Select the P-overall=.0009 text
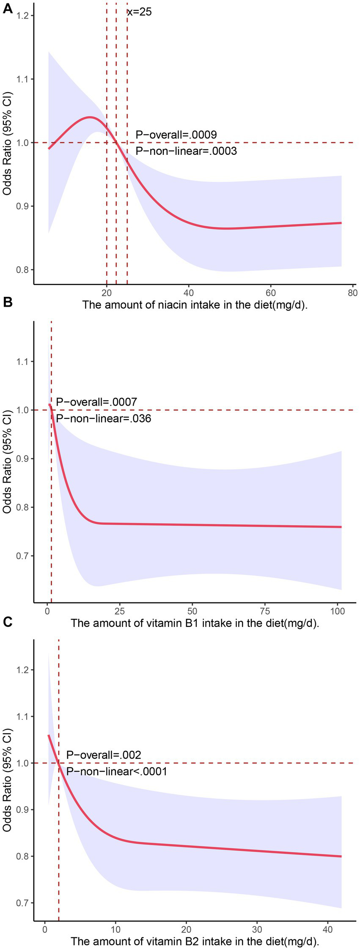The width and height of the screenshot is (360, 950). coord(176,135)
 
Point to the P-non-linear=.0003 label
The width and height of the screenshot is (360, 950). coord(186,151)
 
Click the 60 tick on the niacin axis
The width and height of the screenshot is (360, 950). coord(271,293)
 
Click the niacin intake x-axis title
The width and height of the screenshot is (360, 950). coord(195,305)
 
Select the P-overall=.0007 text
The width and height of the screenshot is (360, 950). coord(96,402)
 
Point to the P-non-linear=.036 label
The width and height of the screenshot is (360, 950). coord(104,418)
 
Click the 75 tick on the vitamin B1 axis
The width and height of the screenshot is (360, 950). coord(265,611)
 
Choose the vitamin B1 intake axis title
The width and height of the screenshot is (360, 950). coord(195,623)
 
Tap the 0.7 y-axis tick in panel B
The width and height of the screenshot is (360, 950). coord(21,555)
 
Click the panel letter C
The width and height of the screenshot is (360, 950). coord(7,622)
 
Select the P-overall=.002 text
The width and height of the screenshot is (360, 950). coord(104,755)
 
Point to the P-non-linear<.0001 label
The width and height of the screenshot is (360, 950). coord(117,771)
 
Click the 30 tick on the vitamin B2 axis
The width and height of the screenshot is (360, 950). coord(257,930)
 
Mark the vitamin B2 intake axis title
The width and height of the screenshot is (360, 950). coord(195,942)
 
